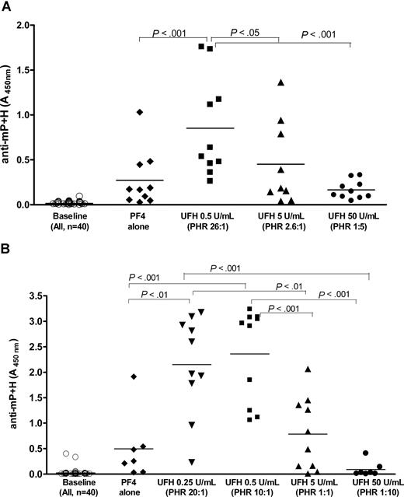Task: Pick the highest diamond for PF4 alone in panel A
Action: click(x=140, y=113)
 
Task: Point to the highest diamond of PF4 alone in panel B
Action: click(x=134, y=376)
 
